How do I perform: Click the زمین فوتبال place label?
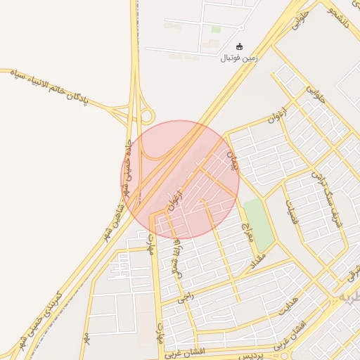(240, 58)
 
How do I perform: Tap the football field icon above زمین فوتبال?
(240, 46)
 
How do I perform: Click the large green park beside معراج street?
(258, 224)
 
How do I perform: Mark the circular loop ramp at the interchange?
(146, 115)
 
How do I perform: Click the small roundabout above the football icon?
(241, 27)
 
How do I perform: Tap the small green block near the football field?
(216, 30)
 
